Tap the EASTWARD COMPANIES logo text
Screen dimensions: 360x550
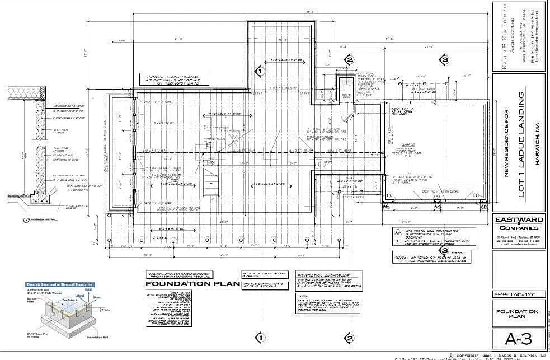[x=518, y=224]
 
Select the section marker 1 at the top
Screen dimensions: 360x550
[x=260, y=71]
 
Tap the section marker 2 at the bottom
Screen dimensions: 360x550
[x=349, y=338]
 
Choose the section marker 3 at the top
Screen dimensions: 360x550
[x=444, y=60]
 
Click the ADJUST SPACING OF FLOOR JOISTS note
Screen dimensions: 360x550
[x=431, y=257]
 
